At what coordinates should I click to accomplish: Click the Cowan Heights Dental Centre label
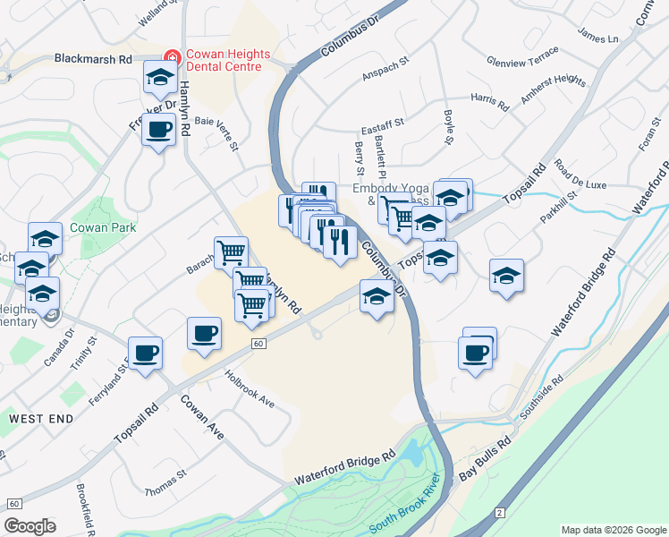tap(224, 60)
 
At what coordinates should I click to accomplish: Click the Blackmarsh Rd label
tap(93, 59)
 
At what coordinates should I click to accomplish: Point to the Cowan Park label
tap(103, 227)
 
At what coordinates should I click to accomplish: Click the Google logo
tap(30, 525)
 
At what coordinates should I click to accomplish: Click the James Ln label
tap(598, 39)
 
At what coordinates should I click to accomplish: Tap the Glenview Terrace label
tap(522, 62)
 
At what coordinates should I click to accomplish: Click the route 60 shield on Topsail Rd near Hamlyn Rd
tap(258, 344)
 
